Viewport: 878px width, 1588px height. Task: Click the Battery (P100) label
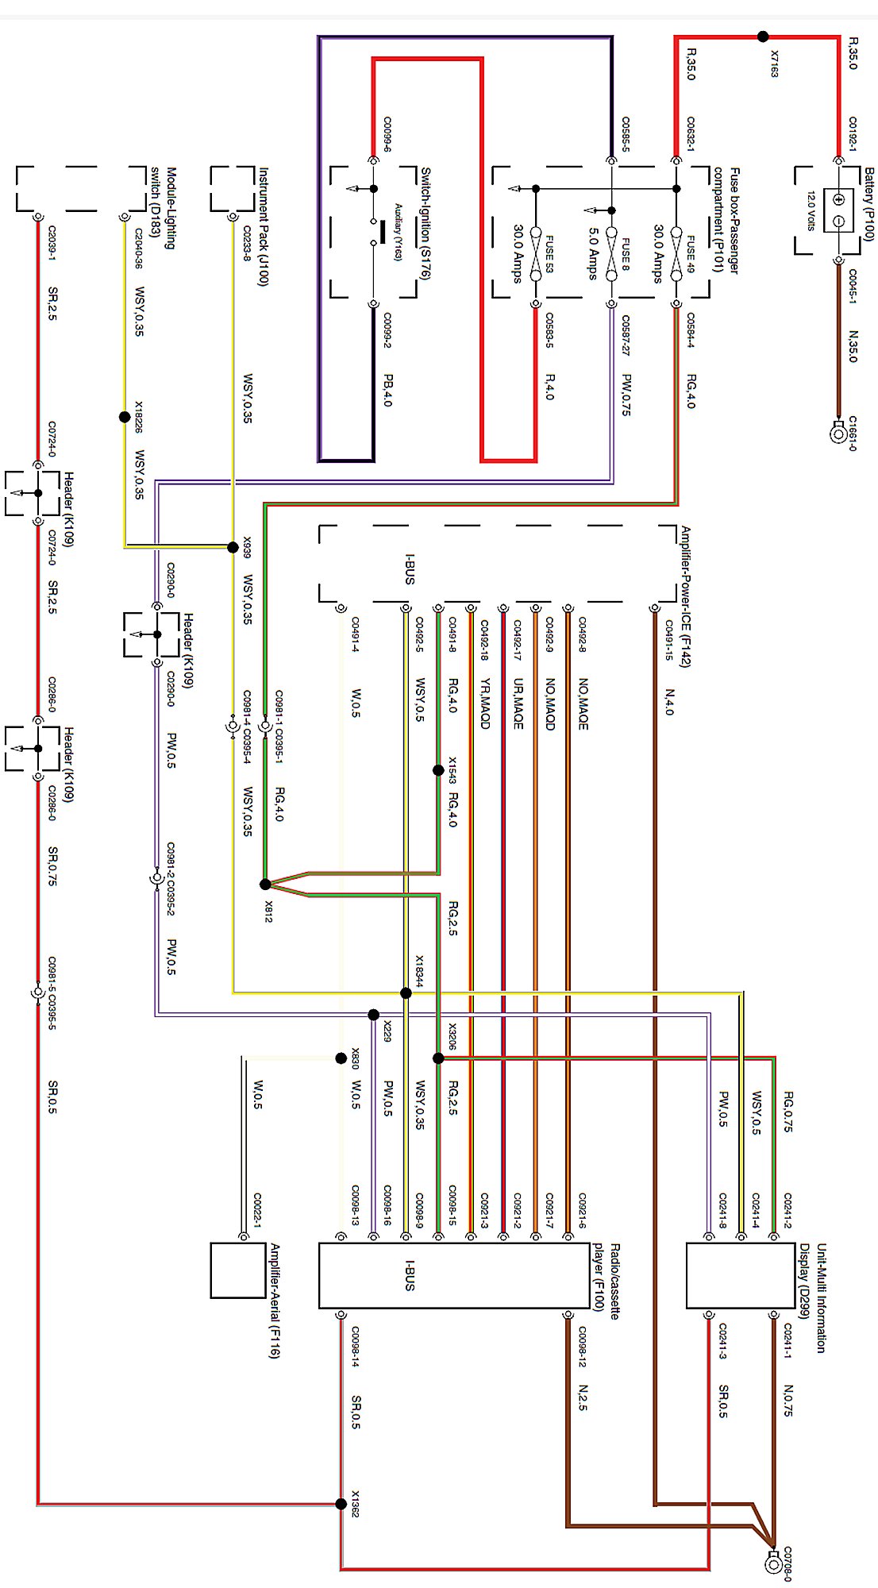tap(868, 204)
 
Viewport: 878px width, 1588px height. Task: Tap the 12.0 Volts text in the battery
tap(811, 210)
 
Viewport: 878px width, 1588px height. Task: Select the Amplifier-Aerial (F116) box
tap(237, 1270)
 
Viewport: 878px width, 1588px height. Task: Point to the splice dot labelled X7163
tap(763, 37)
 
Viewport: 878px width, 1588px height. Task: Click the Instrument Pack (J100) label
tap(264, 226)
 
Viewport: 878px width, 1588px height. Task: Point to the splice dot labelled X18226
tap(125, 417)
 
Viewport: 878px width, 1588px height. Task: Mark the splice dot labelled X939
tap(233, 547)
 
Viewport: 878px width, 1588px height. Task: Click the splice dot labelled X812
tap(265, 885)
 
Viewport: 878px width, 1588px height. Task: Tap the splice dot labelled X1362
tap(341, 1503)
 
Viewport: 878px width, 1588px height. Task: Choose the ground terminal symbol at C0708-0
tap(773, 1563)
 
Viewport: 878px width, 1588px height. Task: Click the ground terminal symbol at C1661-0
tap(838, 434)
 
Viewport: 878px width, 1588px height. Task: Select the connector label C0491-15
tap(668, 640)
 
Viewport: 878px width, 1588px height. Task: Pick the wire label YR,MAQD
tap(484, 703)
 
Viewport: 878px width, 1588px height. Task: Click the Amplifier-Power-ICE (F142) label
tap(685, 596)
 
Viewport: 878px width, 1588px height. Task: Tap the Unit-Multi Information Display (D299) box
tap(740, 1275)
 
